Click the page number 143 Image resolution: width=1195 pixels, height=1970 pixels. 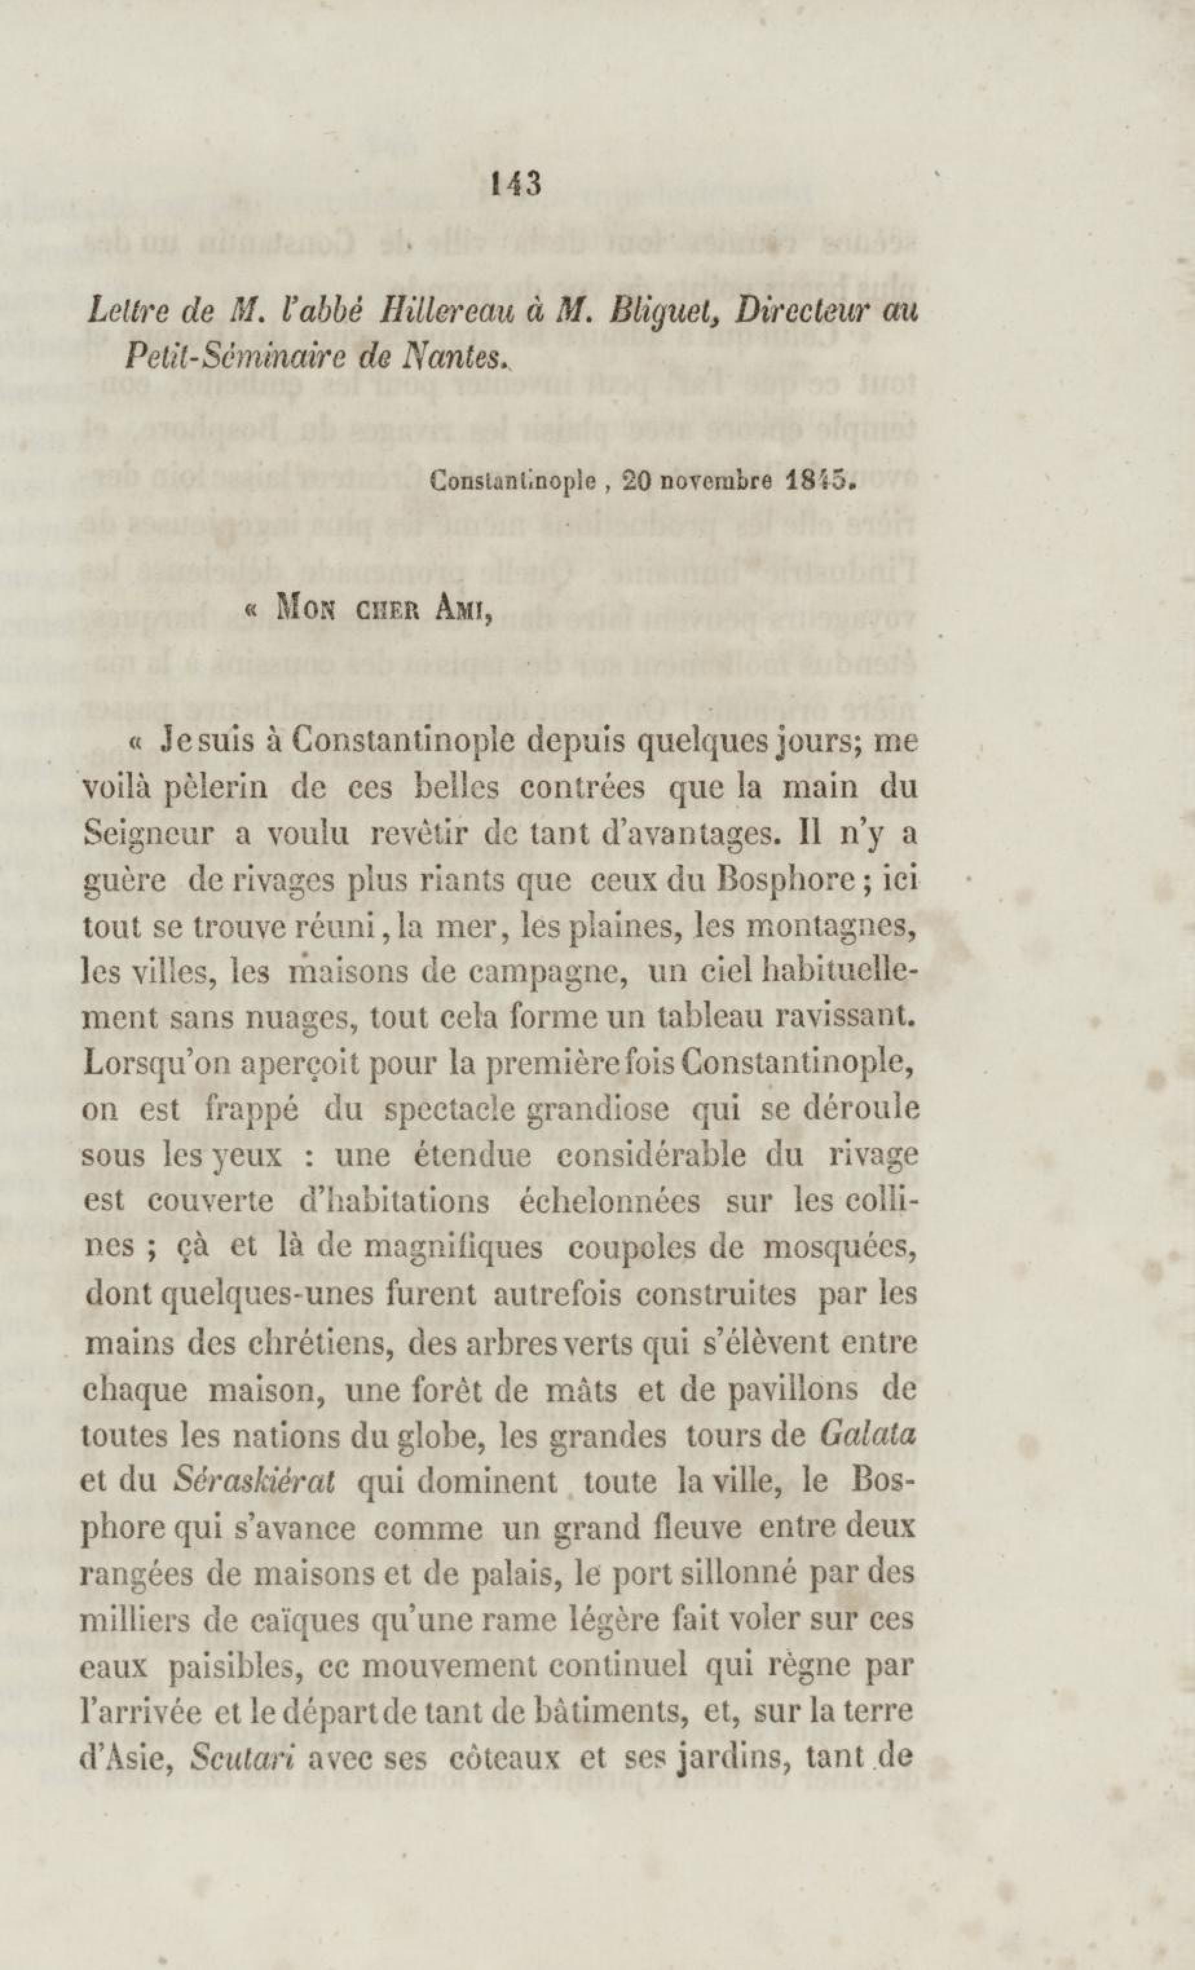coord(519,184)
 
